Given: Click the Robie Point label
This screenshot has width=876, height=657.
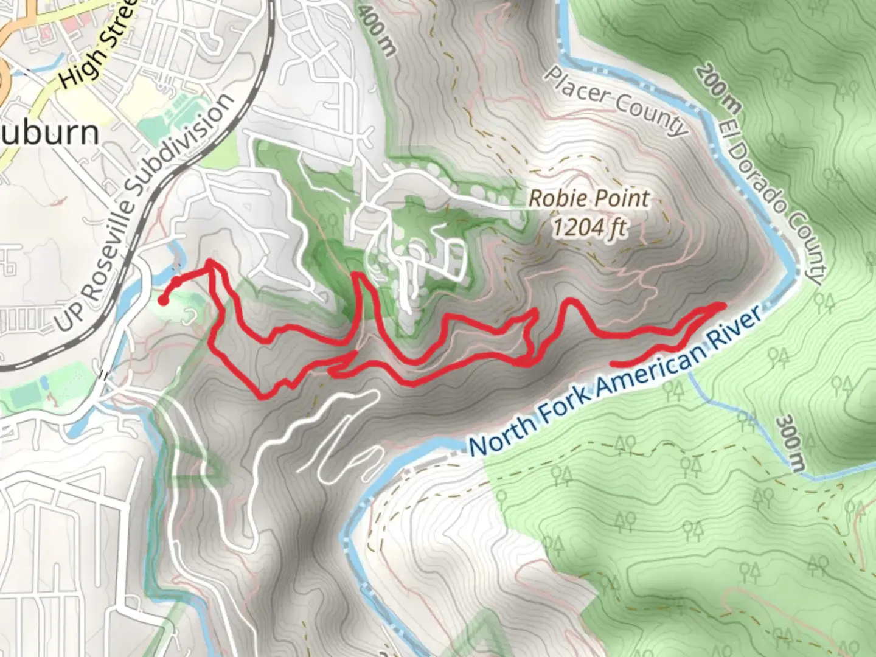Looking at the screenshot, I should coord(588,198).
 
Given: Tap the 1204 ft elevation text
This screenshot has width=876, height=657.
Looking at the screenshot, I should coord(589,228).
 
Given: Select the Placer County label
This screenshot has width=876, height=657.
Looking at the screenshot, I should coord(615,100).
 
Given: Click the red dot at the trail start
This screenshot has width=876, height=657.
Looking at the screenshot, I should coord(163,300).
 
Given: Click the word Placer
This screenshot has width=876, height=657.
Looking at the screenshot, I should coord(575,85).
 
